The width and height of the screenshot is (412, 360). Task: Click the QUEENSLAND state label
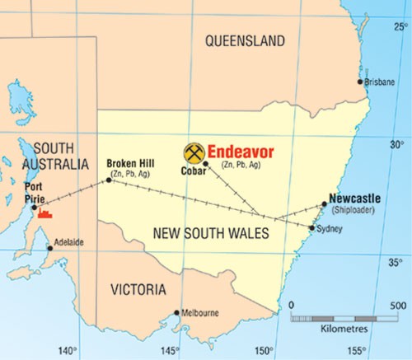245,40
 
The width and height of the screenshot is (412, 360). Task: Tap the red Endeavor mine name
240,152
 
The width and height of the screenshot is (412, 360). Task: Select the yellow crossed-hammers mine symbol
194,152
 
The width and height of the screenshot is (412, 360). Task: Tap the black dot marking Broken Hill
109,180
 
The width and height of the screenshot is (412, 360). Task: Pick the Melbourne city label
200,313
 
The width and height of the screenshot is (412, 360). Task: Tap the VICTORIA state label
138,290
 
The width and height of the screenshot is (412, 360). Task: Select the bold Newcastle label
354,199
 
